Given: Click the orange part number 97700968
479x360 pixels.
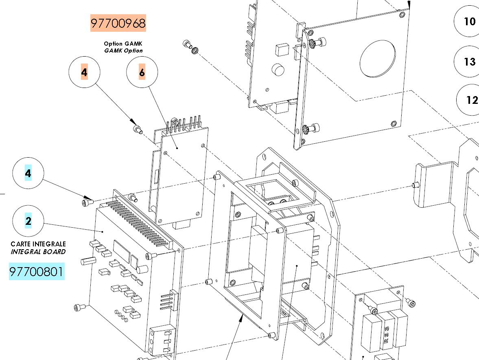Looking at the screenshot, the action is pos(118,23).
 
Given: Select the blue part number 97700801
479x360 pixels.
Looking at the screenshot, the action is pos(37,271).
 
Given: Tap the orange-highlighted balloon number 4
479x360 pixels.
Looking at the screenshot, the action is pos(84,72).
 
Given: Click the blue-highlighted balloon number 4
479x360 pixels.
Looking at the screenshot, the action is pos(28,173).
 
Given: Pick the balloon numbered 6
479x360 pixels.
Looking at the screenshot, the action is pos(142,72).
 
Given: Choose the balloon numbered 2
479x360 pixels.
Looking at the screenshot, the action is pos(28,221).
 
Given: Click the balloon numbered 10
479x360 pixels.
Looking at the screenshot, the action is pos(467,22).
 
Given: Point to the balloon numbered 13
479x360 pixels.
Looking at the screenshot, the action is pos(467,61).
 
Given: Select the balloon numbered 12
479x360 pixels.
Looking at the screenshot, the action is pos(468,100).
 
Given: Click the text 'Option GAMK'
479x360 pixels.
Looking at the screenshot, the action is pos(123,44).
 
